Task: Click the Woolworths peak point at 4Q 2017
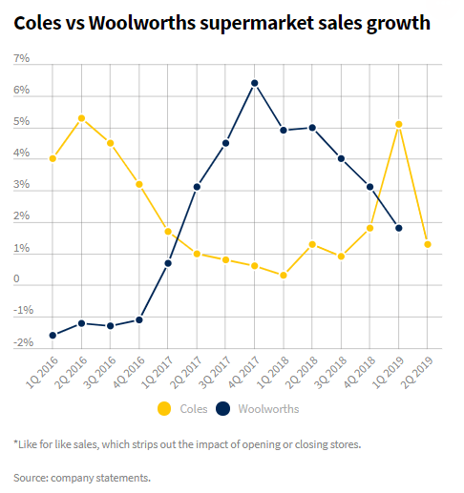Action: [255, 83]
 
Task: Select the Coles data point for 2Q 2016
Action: [82, 118]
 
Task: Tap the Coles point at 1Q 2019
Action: [399, 124]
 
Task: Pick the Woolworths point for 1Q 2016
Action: [53, 335]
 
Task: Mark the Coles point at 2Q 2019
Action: [428, 244]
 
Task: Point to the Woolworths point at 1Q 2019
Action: [399, 228]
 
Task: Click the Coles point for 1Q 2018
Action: [284, 275]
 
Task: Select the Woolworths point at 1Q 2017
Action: [168, 263]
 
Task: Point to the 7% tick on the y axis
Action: [21, 59]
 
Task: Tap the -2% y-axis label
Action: [24, 341]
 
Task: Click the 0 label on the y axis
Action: [17, 279]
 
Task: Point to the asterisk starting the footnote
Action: [15, 443]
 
